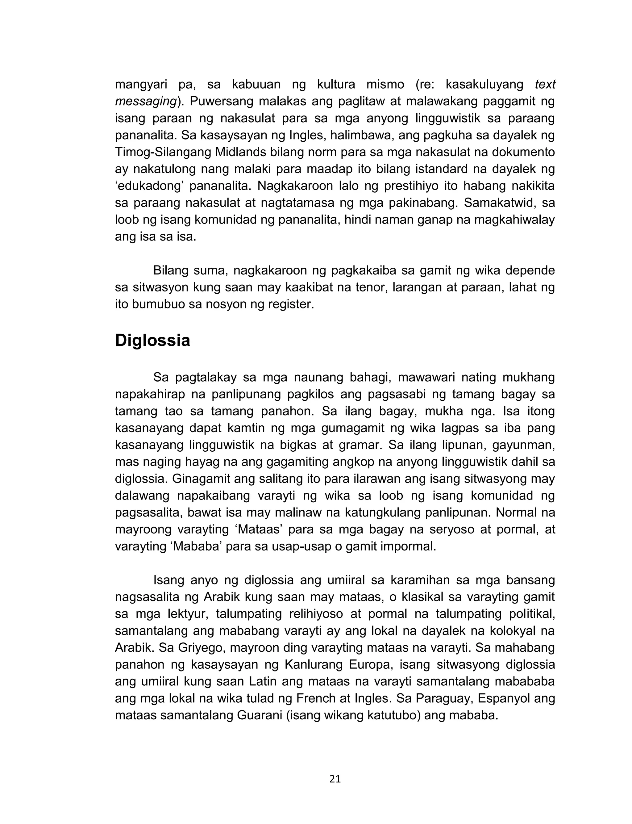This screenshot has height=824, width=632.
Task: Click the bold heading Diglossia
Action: (x=152, y=341)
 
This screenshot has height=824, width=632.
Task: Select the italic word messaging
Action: (x=146, y=102)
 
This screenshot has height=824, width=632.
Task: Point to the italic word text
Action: (x=545, y=85)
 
